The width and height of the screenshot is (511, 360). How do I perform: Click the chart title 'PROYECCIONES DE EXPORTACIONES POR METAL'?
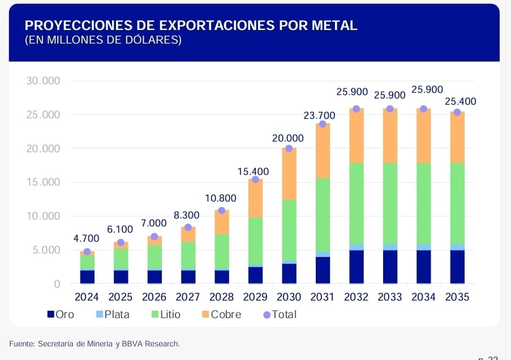191,25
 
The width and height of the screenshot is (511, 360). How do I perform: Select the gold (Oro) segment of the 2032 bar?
356,267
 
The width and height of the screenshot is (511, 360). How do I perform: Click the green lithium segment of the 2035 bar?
457,203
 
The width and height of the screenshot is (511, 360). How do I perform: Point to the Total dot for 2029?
255,179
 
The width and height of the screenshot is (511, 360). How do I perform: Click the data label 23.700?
319,115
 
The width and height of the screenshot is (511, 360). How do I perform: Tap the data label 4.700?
87,238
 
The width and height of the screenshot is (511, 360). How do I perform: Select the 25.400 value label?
461,102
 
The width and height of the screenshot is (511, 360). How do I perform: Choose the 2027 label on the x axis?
188,297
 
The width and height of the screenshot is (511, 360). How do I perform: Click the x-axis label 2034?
423,297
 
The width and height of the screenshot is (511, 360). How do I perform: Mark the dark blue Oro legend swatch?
50,314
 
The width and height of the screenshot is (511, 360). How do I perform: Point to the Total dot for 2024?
87,252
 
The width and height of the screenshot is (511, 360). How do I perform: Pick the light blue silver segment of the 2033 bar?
390,247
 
